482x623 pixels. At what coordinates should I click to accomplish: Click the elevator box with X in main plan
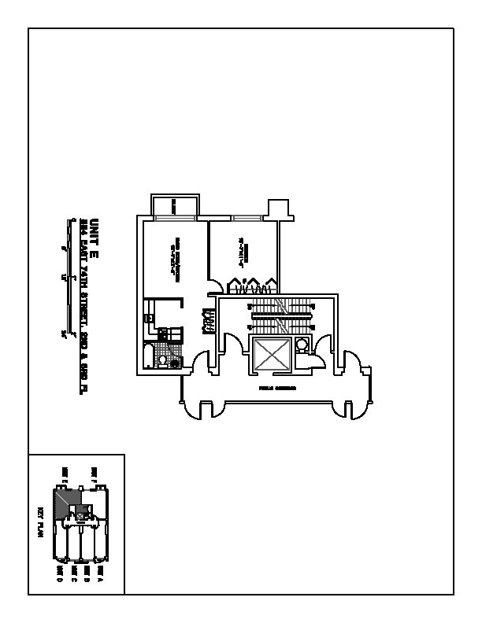(x=270, y=354)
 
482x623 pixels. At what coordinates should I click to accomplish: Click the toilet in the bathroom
(x=162, y=361)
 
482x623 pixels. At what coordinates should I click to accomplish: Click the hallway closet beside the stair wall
(x=209, y=319)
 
